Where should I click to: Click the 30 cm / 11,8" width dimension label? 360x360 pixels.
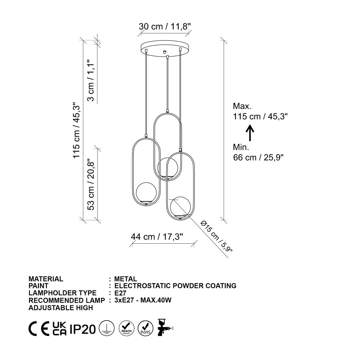click(x=165, y=26)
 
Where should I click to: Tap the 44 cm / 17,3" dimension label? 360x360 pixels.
click(x=157, y=237)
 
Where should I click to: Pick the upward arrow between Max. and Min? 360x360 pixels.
click(x=250, y=133)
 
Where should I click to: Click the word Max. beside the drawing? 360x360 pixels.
click(x=242, y=106)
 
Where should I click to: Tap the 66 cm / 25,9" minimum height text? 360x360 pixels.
click(x=258, y=157)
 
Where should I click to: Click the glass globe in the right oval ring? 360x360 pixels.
click(x=180, y=207)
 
